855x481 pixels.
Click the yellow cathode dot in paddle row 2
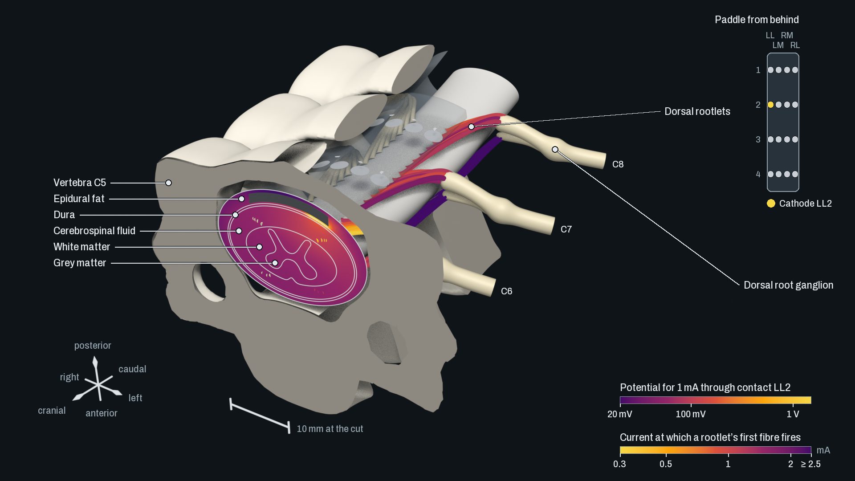770,105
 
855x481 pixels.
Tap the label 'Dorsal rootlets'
697,111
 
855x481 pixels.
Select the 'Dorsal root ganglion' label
788,285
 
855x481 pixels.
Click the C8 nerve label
618,164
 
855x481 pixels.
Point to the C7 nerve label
566,229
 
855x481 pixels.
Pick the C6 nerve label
506,291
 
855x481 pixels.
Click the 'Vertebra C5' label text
80,183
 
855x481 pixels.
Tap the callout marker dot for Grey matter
275,263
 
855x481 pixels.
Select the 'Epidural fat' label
79,199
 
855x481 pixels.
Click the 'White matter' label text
81,247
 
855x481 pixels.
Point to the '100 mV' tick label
691,414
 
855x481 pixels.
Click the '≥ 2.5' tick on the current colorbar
810,464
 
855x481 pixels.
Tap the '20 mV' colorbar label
619,414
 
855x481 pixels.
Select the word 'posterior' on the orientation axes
93,346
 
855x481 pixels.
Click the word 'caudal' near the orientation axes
132,369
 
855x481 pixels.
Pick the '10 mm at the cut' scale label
330,429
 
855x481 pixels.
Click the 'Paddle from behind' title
757,20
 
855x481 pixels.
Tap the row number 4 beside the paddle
758,174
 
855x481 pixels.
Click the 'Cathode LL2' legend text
805,204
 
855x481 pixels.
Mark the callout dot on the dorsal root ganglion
555,149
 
